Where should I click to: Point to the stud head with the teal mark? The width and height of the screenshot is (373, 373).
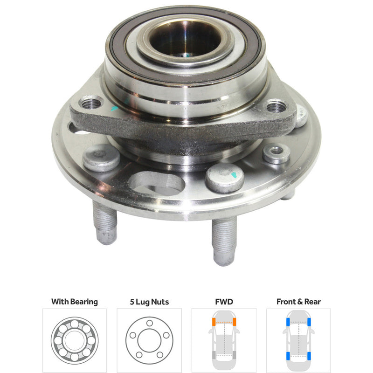pyautogui.click(x=224, y=177)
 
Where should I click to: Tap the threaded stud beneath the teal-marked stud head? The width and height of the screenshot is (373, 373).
pyautogui.click(x=224, y=240)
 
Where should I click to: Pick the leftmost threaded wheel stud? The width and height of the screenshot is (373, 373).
pyautogui.click(x=105, y=223)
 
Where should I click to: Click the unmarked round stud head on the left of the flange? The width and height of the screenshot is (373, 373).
pyautogui.click(x=101, y=158)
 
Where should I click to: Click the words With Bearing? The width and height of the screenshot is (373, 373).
pyautogui.click(x=75, y=302)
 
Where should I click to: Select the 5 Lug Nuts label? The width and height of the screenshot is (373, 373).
pyautogui.click(x=149, y=302)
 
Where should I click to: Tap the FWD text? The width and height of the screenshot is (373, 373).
pyautogui.click(x=224, y=302)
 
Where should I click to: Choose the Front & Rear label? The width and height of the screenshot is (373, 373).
pyautogui.click(x=298, y=302)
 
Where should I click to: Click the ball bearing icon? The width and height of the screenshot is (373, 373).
pyautogui.click(x=75, y=340)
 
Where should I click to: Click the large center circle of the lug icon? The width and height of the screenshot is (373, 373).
pyautogui.click(x=149, y=340)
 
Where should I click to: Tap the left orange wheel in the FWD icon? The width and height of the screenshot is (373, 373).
pyautogui.click(x=214, y=322)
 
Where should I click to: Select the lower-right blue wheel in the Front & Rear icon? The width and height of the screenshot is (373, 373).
pyautogui.click(x=308, y=356)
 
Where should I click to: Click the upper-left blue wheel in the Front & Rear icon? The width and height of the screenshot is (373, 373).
pyautogui.click(x=289, y=322)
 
